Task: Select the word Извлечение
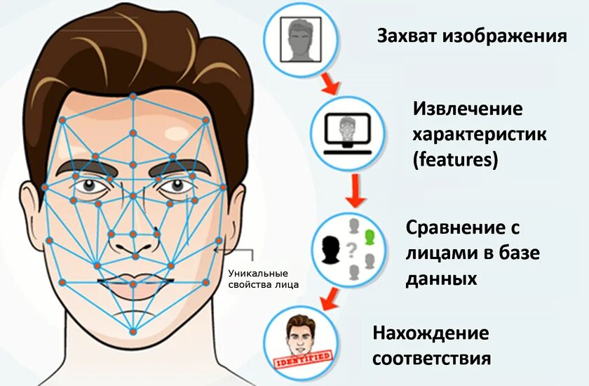[x=468, y=109]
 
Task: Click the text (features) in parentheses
[x=455, y=159]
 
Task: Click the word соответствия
[x=431, y=358]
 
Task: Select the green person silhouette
[x=370, y=238]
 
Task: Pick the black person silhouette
[x=330, y=248]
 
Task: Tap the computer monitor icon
[x=347, y=133]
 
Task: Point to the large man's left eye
[x=174, y=186]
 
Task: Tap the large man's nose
[x=133, y=238]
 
